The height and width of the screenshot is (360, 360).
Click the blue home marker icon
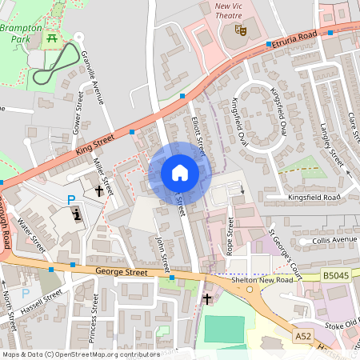click(x=180, y=172)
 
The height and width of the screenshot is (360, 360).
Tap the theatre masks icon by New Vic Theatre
click(x=239, y=30)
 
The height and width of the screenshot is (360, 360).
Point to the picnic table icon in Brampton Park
click(x=52, y=37)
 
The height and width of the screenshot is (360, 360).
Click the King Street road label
click(x=96, y=143)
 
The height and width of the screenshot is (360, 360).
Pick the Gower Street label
click(x=78, y=111)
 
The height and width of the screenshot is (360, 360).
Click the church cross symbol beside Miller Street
click(x=100, y=190)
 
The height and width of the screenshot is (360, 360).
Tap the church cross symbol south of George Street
click(x=207, y=298)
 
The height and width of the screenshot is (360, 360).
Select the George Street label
click(x=121, y=273)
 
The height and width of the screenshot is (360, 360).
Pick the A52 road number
click(x=303, y=337)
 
